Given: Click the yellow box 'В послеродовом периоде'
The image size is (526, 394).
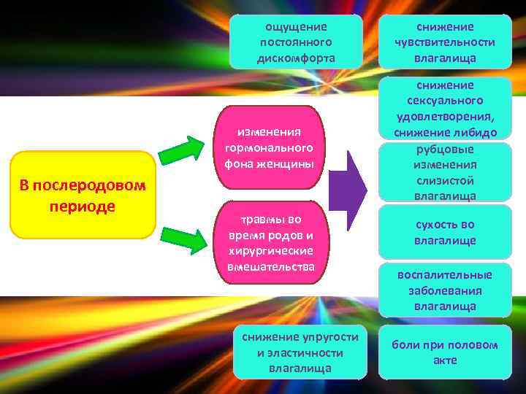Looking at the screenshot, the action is (83, 195).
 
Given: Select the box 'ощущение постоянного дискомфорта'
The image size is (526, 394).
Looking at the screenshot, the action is (296, 42).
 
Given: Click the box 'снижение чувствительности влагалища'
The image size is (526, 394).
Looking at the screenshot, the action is (444, 42).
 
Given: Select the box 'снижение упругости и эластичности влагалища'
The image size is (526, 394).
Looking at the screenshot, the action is (300, 352).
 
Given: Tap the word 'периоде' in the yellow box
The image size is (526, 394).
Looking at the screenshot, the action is (83, 206).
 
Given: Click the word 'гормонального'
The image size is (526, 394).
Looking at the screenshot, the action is (270, 148).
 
